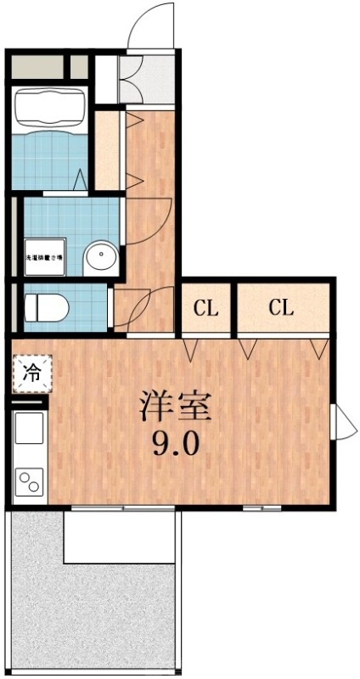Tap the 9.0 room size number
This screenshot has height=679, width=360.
pos(177,443)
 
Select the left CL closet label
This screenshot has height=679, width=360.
pos(205,308)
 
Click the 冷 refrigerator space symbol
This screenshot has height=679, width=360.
pos(31,373)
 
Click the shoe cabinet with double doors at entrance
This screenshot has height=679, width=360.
pos(132,80)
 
